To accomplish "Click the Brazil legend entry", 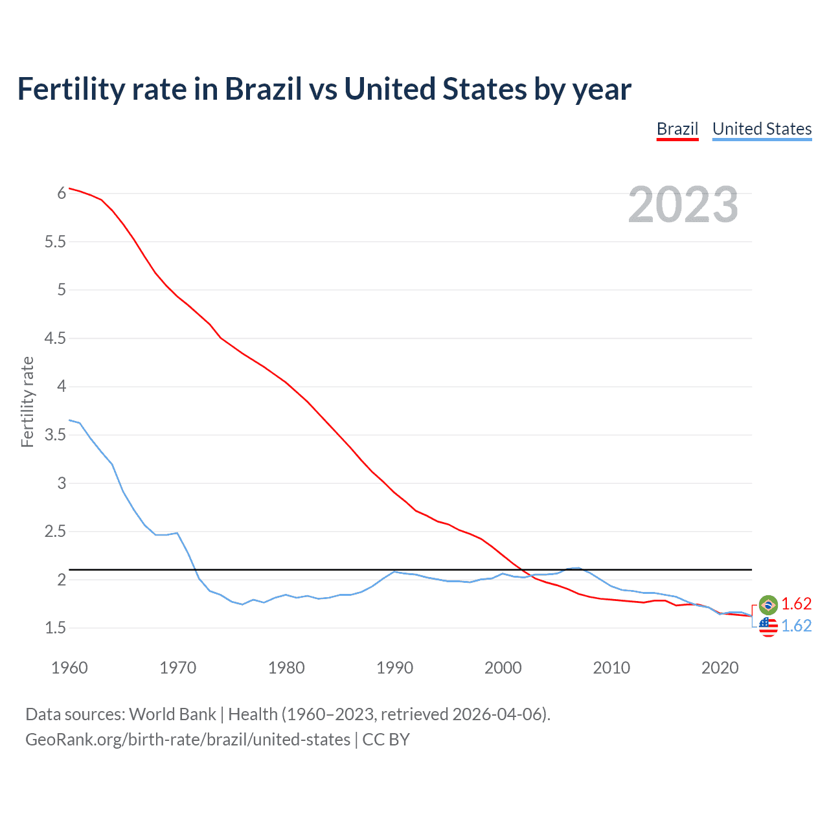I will tap(677, 129).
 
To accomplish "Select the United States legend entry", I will tap(762, 129).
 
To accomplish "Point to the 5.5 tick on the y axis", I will tap(55, 242).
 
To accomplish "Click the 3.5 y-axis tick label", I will tap(55, 435).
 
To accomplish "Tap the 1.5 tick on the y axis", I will tap(55, 628).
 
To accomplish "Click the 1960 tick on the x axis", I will tap(69, 668).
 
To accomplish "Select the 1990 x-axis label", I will tap(394, 668).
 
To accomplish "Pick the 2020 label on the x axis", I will tap(720, 668).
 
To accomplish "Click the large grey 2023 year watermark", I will tap(683, 205).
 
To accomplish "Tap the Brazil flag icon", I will tap(768, 605).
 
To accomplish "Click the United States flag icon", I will tap(768, 626).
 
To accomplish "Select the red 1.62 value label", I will tap(796, 604).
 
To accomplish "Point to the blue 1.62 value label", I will tap(796, 626).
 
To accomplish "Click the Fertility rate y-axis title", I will tap(27, 402).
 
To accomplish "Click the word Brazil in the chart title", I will tap(263, 89).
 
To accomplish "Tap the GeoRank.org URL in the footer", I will tap(187, 739).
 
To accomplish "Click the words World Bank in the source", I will tap(172, 714).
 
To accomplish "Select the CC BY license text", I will tap(386, 739).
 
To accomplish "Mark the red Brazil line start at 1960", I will tap(70, 188).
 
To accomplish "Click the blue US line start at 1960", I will tap(70, 420).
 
